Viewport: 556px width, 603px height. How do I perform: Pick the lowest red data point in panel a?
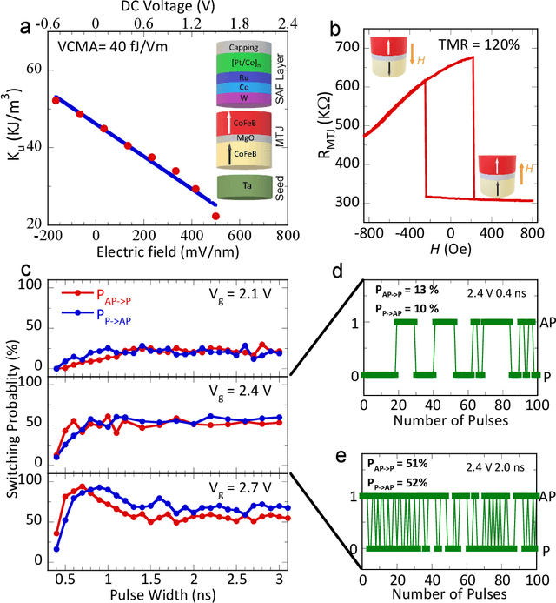(x=216, y=216)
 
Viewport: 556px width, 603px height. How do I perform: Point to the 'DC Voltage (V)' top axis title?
(x=156, y=6)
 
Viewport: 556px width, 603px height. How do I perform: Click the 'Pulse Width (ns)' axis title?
(x=164, y=593)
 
